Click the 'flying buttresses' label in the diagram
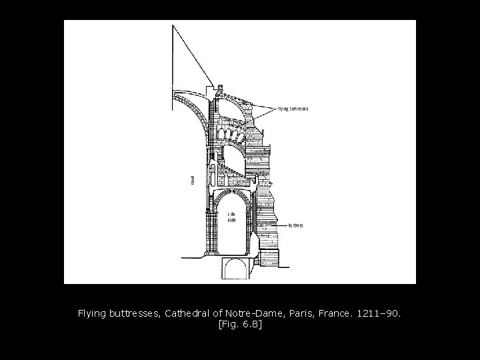tap(293, 109)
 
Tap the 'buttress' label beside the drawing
tap(295, 225)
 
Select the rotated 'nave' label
tap(192, 180)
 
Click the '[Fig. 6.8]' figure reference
tap(240, 324)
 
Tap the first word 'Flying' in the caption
tap(91, 312)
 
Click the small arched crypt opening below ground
tap(235, 270)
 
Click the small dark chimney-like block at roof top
tap(220, 86)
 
